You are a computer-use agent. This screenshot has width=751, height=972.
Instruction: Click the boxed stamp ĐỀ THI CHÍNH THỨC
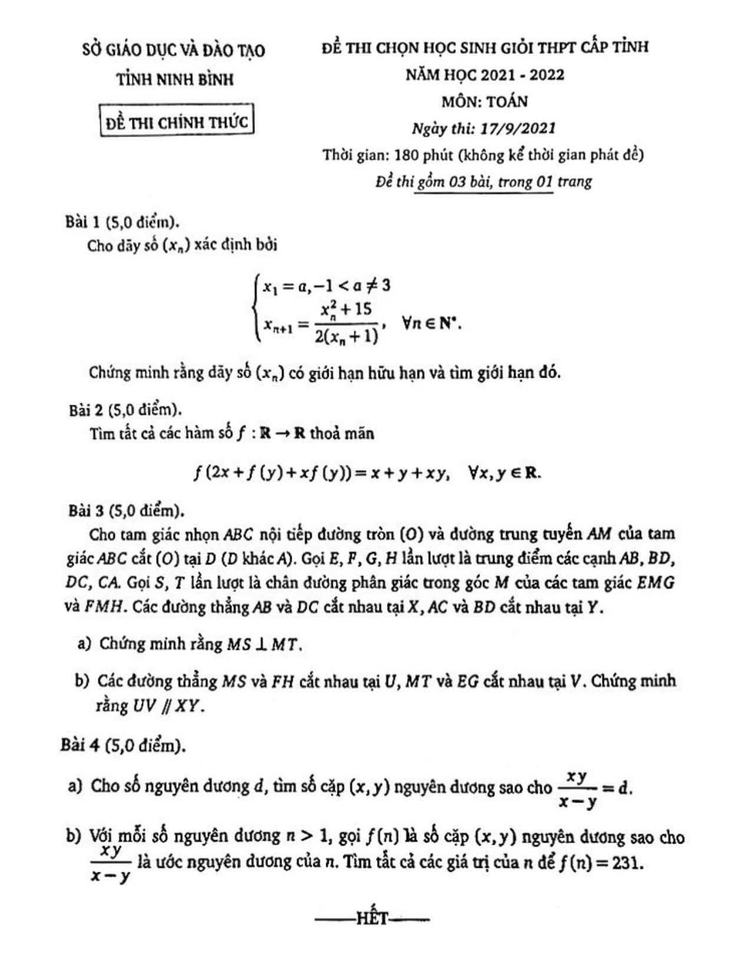pos(177,122)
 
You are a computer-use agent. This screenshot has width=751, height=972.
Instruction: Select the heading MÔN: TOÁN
pos(485,101)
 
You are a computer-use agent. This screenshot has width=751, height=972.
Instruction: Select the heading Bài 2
pos(86,409)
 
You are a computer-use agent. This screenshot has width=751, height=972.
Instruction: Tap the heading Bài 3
pos(86,510)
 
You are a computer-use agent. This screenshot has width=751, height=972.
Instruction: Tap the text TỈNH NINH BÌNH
pos(175,79)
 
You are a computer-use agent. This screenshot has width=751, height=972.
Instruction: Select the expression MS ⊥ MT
pos(264,644)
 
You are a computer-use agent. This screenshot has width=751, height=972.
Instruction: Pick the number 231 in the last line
pos(626,864)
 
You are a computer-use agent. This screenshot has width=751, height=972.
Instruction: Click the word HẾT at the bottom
pos(372,919)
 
